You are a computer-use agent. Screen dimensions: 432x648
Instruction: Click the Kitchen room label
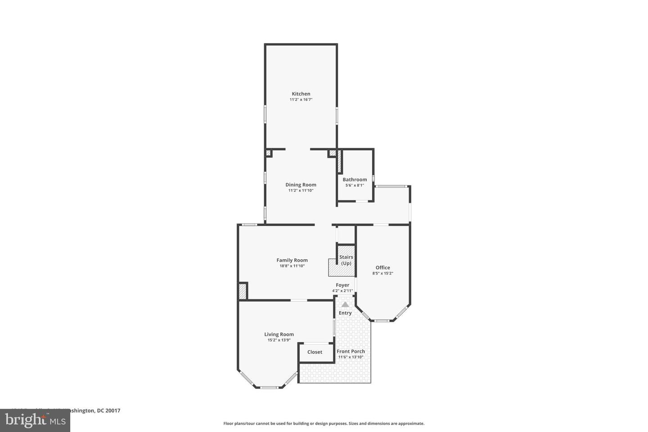(x=301, y=94)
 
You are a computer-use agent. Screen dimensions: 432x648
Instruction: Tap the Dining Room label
(x=301, y=184)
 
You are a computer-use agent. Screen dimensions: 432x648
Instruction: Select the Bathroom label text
(x=355, y=179)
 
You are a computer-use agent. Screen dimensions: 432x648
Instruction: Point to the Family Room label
(x=292, y=260)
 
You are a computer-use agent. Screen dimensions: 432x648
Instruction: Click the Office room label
(x=382, y=267)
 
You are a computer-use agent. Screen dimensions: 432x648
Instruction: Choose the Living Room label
(x=279, y=334)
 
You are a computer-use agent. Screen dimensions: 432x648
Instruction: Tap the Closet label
(x=315, y=352)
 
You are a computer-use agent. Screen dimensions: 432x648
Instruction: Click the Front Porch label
(x=351, y=351)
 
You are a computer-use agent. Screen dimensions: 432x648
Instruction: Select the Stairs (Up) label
(x=346, y=260)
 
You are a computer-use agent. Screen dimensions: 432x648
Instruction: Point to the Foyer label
(x=342, y=285)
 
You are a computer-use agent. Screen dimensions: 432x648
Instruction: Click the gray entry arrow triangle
(x=345, y=304)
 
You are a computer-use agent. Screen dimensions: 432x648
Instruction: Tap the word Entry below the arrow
(x=345, y=313)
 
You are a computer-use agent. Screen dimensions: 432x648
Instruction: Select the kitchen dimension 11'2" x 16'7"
(x=301, y=99)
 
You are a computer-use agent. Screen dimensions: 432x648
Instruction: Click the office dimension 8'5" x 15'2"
(x=382, y=273)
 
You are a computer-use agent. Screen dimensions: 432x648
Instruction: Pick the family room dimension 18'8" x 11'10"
(x=292, y=266)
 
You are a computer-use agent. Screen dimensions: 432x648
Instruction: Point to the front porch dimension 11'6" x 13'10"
(x=351, y=357)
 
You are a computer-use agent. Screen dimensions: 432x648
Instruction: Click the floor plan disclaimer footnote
(x=324, y=423)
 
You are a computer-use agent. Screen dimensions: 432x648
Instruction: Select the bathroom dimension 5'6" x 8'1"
(x=355, y=185)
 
